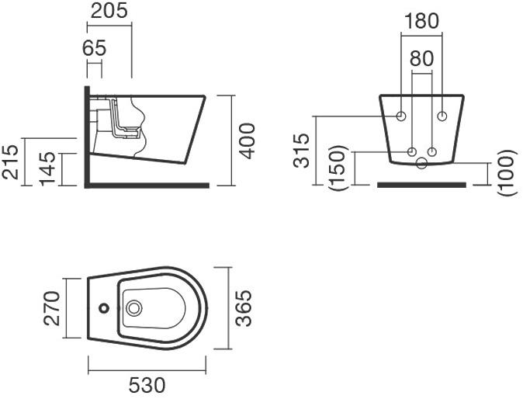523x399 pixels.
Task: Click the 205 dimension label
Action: pos(109,11)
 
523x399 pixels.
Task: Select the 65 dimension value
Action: pos(94,48)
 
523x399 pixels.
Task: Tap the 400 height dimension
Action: pos(248,141)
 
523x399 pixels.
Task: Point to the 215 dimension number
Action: pos(10,161)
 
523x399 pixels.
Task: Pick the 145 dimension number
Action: pos(47,168)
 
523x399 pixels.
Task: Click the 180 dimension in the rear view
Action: pos(421,21)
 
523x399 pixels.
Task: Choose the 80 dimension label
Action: pos(421,58)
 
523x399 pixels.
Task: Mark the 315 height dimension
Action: pos(301,151)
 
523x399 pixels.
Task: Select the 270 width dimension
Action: pos(52,309)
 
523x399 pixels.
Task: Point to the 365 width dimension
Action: pos(243,308)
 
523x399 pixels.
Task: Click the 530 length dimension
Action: pos(147,386)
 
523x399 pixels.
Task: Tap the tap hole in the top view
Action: pos(104,308)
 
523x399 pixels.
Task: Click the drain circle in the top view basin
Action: pos(134,308)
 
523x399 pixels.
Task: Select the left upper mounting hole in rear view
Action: pos(401,116)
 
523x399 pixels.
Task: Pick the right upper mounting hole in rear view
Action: pos(442,116)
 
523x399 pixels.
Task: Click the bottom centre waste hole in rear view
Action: pos(422,163)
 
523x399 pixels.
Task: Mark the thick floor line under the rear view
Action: pos(421,185)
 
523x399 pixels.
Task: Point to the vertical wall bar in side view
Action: pos(87,137)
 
